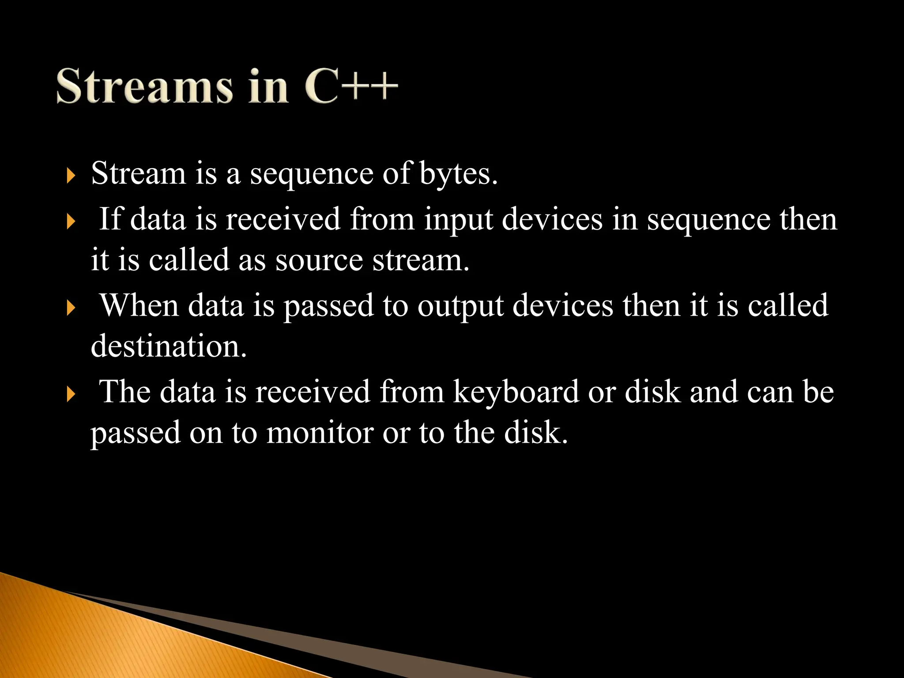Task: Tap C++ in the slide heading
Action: pyautogui.click(x=351, y=86)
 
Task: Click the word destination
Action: pyautogui.click(x=168, y=346)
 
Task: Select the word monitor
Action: pyautogui.click(x=320, y=433)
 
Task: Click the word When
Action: pyautogui.click(x=139, y=305)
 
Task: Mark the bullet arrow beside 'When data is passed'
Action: pyautogui.click(x=71, y=308)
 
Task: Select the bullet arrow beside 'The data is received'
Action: pyautogui.click(x=71, y=394)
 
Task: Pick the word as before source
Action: pyautogui.click(x=252, y=260)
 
